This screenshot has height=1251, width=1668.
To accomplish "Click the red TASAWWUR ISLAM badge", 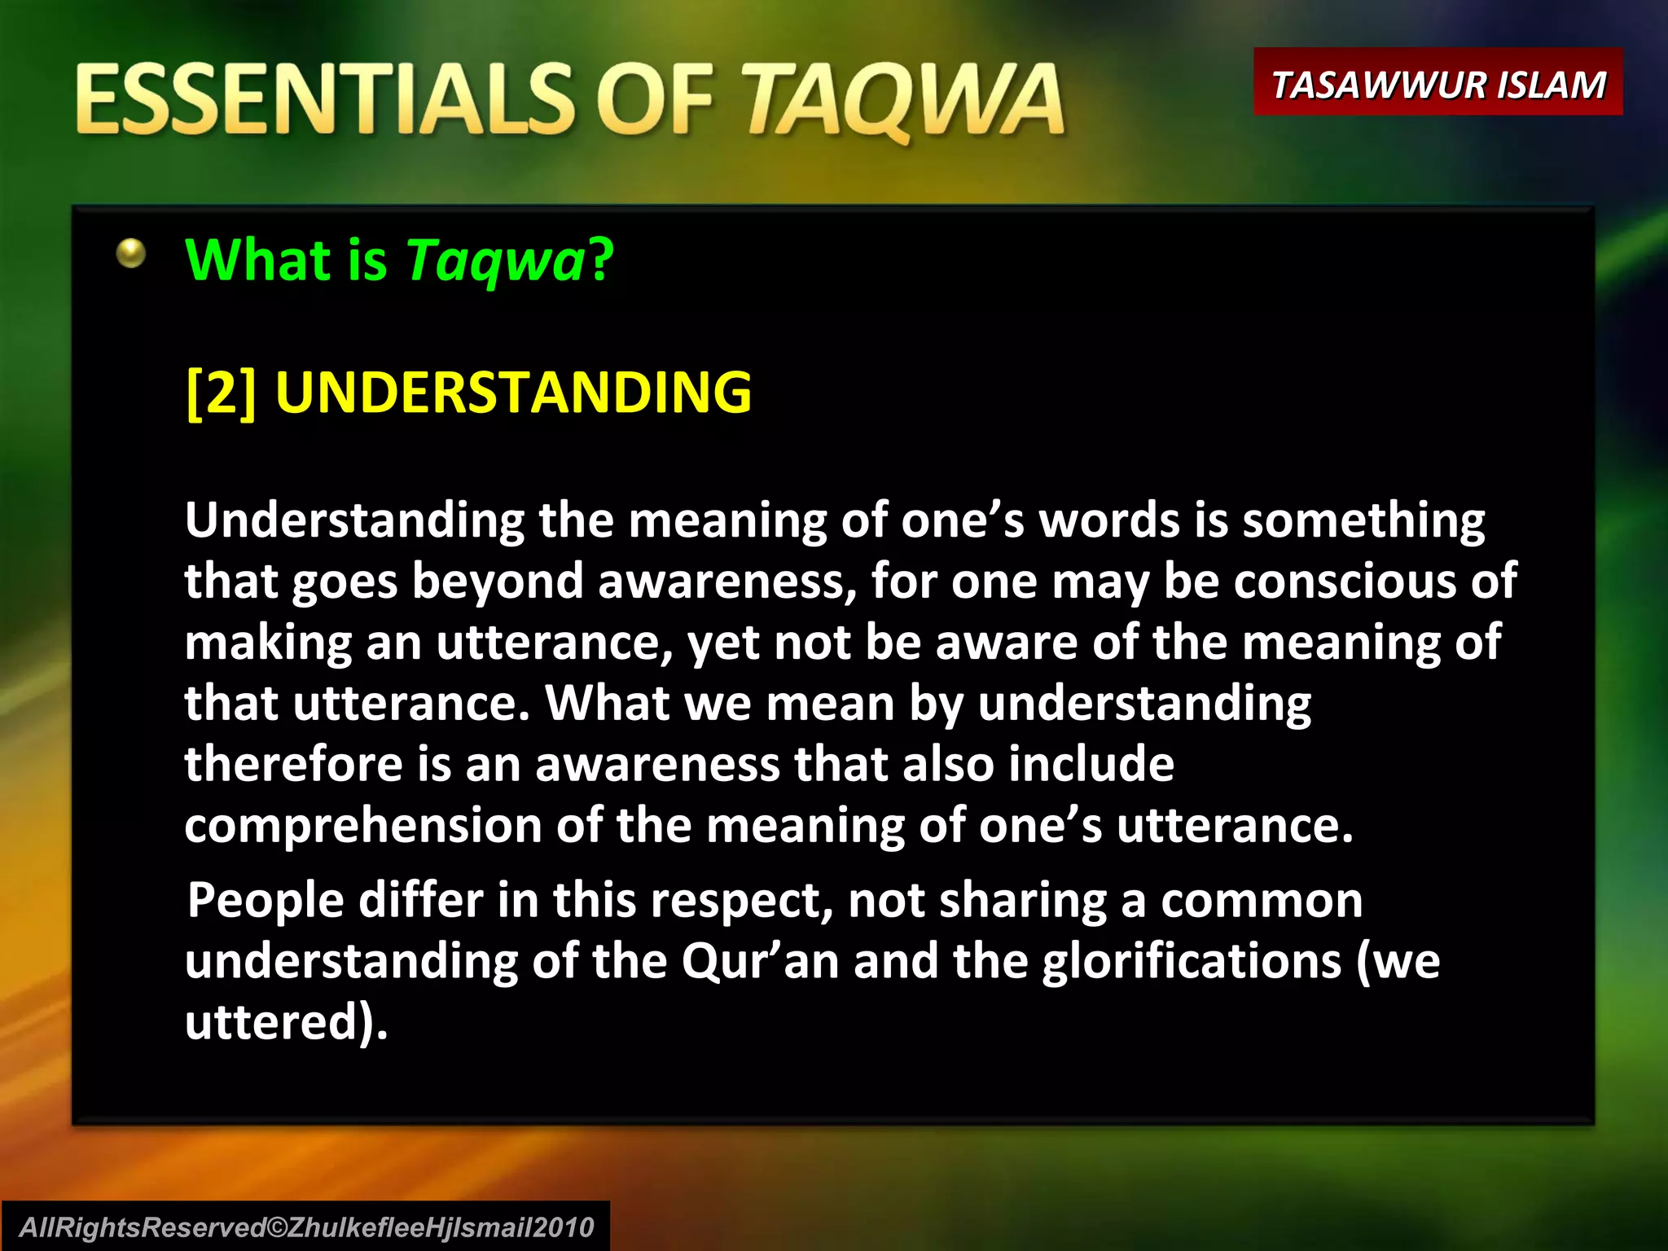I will point(1438,83).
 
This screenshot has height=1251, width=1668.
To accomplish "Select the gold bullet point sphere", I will point(130,253).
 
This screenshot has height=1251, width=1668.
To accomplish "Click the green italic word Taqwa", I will point(495,261).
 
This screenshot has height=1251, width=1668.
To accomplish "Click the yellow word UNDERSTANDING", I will point(513,393).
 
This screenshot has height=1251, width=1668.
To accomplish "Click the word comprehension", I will point(362,826).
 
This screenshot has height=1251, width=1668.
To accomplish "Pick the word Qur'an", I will point(759,961).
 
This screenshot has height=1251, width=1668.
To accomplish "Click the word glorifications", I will point(1191,961).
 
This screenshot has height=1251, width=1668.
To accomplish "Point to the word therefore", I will point(293,765).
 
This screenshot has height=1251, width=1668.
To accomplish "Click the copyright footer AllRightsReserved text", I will point(306,1227).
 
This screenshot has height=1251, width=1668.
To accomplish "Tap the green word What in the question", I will point(257,261).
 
